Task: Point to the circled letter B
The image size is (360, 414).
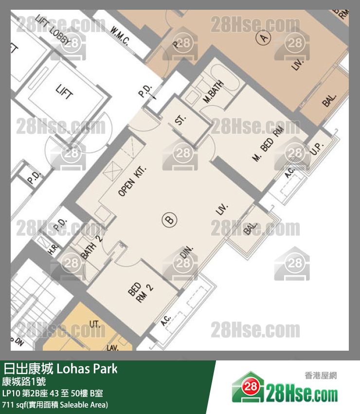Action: click(x=170, y=220)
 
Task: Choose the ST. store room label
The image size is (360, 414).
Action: click(x=181, y=120)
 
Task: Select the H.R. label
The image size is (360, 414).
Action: click(x=54, y=249)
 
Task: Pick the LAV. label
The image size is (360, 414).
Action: click(x=113, y=348)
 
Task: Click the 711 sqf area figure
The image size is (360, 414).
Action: click(x=15, y=405)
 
